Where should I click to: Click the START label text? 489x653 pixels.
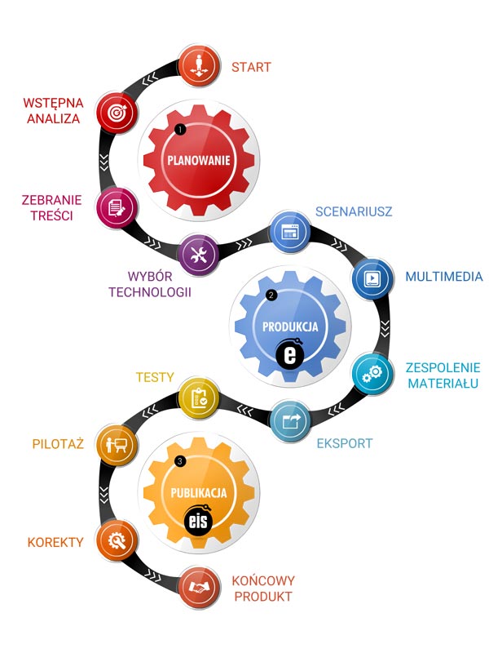point(251,67)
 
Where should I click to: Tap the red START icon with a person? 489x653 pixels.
point(199,66)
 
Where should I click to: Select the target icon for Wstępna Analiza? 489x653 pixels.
point(117,113)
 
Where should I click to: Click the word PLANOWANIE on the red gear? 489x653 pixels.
point(199,160)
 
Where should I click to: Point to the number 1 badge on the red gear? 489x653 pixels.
point(180,130)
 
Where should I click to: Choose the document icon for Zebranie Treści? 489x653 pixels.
point(117,208)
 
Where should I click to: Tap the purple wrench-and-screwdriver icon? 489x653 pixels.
point(199,255)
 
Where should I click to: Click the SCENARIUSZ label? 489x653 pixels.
point(354,211)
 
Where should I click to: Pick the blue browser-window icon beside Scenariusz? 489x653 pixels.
point(291,232)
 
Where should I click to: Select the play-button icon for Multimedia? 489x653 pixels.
point(372,278)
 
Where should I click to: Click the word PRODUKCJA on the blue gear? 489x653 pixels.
point(290,326)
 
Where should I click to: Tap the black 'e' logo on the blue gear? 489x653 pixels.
point(290,354)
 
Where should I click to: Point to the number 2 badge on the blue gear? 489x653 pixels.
point(271,295)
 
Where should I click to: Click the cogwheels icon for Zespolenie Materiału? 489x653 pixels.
point(372,373)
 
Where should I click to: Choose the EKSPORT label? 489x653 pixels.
point(345,443)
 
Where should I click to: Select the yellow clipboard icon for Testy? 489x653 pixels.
point(199,398)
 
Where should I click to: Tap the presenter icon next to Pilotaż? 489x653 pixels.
point(117,445)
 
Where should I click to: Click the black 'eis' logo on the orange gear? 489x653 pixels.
point(198,521)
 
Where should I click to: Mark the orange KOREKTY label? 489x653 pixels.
point(55,542)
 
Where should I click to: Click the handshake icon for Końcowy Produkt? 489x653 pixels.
point(199,587)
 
